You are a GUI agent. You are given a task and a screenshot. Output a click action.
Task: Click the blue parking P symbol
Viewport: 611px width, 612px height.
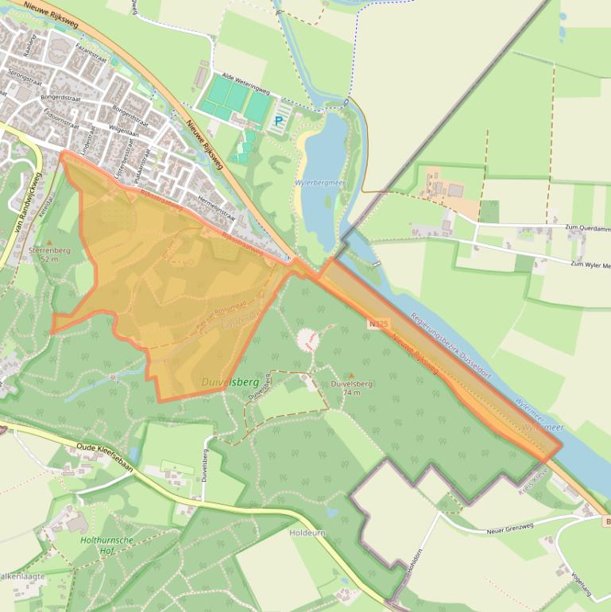point(278,122)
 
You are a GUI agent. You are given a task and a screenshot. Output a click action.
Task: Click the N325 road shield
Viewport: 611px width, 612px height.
point(378,323)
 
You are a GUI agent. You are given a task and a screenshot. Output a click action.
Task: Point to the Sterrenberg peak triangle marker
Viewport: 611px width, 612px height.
point(49,242)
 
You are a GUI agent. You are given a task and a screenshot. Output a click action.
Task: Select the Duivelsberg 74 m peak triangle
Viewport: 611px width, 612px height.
point(350,374)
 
